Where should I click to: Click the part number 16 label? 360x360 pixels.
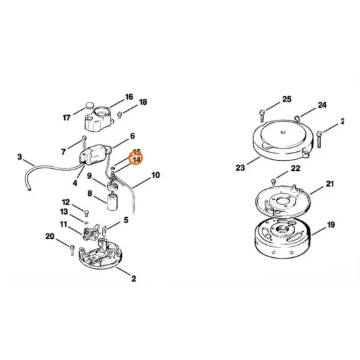click(x=128, y=97)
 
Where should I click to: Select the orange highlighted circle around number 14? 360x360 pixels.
click(x=137, y=158)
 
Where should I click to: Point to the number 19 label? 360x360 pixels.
click(x=331, y=225)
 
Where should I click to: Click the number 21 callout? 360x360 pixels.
click(x=329, y=184)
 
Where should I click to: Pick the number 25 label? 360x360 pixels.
click(x=286, y=99)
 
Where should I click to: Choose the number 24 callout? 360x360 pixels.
click(x=321, y=105)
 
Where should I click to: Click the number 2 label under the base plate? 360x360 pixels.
click(x=134, y=279)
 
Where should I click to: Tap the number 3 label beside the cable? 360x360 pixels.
click(x=20, y=157)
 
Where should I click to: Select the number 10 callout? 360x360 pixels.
click(x=155, y=175)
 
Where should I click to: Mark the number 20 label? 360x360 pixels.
click(x=50, y=236)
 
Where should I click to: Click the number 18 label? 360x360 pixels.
click(x=143, y=102)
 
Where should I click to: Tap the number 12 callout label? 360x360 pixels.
click(x=66, y=202)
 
